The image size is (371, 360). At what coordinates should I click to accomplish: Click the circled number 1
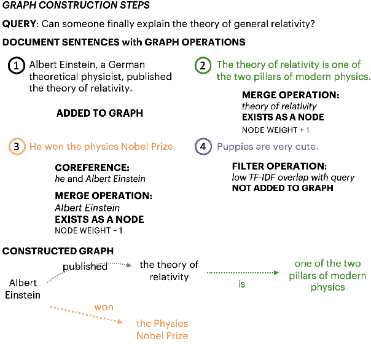point(17,66)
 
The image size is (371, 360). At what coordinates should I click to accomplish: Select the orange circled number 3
point(17,147)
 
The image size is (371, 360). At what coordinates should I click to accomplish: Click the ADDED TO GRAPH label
point(100,113)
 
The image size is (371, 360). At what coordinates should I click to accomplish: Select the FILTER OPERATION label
point(279,166)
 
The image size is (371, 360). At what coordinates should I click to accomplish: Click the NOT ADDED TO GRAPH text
point(282,187)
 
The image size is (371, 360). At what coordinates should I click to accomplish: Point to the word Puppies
point(235,147)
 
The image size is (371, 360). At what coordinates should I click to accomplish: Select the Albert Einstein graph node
point(23,289)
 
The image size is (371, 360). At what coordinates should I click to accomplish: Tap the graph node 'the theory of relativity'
point(169,270)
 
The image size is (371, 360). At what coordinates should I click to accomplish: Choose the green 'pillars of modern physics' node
point(327,275)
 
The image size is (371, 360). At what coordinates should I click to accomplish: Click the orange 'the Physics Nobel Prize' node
point(162,329)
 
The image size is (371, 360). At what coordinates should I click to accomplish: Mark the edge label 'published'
point(85,267)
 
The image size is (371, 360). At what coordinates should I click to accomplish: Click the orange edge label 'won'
point(104,307)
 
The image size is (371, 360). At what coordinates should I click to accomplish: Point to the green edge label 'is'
point(242,284)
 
